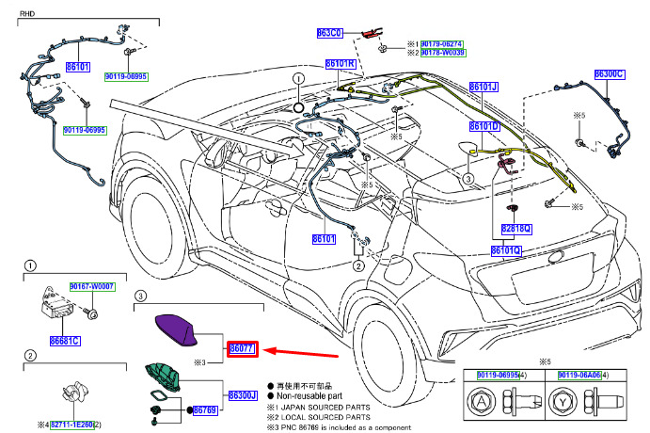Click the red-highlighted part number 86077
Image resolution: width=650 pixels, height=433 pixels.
point(242,348)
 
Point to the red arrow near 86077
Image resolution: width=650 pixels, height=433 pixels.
point(298,353)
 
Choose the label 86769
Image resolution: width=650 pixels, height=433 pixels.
point(205,410)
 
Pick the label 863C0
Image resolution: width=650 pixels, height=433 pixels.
point(329,32)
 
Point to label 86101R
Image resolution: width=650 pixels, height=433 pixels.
point(340,64)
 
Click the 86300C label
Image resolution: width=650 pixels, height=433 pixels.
point(610,73)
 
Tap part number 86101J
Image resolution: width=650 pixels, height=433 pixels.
point(484,87)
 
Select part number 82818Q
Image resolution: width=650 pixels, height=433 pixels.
point(515,228)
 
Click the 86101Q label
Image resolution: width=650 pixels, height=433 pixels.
point(505,250)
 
